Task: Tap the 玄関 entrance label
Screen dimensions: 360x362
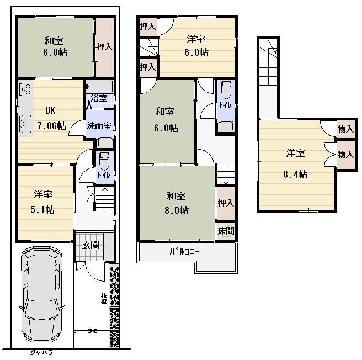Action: [92, 245]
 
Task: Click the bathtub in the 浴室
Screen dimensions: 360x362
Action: [100, 86]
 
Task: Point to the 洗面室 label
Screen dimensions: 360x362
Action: [99, 125]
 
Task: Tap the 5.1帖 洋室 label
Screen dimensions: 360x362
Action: [43, 202]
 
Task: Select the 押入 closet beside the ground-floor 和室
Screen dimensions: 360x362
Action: [105, 47]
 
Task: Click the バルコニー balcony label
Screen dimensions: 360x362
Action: [185, 252]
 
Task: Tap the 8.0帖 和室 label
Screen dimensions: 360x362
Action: [177, 203]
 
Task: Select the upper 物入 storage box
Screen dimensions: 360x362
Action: [345, 129]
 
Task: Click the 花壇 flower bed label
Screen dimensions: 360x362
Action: [104, 299]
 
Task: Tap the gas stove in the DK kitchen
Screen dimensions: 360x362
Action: [25, 89]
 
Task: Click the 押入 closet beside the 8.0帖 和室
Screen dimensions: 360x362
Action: [226, 203]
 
